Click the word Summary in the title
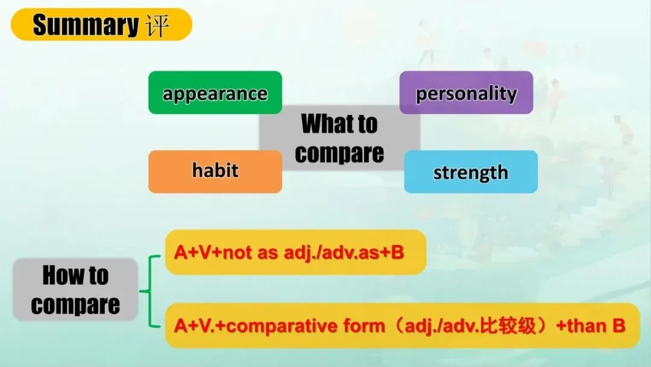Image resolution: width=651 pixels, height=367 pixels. point(86,25)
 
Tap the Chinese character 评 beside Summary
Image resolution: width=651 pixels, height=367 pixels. point(157,25)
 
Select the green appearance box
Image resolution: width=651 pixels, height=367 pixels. point(215,93)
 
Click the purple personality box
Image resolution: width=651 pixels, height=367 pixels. point(466,93)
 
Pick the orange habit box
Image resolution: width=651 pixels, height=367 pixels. point(215,171)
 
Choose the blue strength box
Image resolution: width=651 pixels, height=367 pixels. point(471,171)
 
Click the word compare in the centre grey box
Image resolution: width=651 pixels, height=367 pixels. point(339,153)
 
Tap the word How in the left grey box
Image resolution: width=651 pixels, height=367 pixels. point(62,275)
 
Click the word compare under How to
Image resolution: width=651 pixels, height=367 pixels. point(75,305)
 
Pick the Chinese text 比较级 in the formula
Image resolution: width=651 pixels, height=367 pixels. point(508,326)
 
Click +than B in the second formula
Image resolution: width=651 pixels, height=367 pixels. point(591,325)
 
